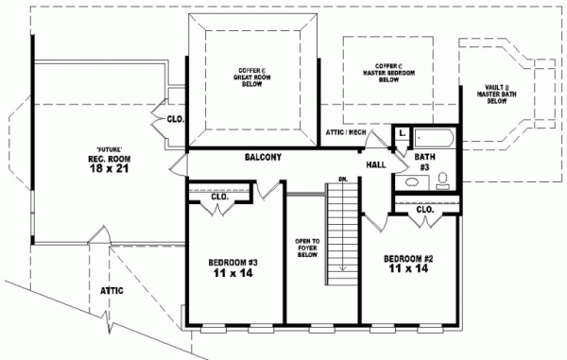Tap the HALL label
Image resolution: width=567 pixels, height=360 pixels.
coord(376,164)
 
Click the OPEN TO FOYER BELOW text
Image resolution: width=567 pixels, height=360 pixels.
coord(307,248)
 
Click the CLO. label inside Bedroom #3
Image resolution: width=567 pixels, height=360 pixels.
coord(219,197)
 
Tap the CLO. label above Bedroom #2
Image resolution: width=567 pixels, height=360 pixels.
coord(424,209)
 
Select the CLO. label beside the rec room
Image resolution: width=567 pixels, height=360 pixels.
coord(175,120)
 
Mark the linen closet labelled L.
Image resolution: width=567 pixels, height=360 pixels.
coord(402,135)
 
